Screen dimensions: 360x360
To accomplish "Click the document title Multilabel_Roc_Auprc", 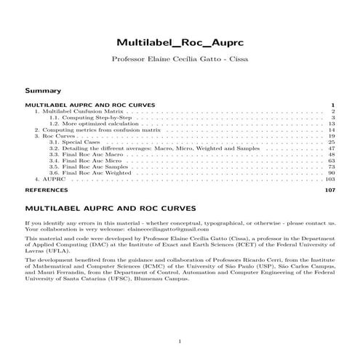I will [180, 42].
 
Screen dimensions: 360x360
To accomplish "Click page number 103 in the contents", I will [329, 178].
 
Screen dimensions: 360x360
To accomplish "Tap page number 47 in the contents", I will [331, 148].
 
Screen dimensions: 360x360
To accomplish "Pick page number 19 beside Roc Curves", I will [331, 136].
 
